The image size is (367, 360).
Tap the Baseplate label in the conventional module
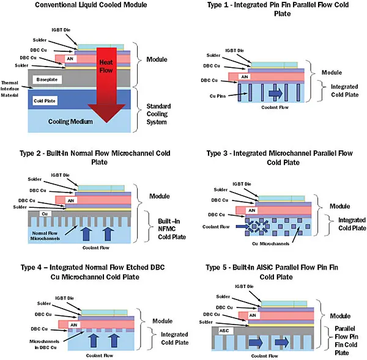(x=48, y=79)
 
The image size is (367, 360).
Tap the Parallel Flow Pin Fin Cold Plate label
(x=348, y=339)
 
